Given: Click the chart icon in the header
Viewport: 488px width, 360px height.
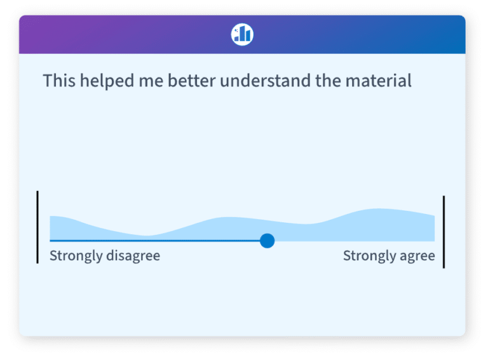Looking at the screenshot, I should [242, 34].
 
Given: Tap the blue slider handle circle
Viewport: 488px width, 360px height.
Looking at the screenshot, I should [267, 241].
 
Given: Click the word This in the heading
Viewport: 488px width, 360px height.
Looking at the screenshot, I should [58, 81].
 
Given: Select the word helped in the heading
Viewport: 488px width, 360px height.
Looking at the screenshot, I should [102, 81].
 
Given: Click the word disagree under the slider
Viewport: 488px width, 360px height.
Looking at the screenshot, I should [133, 256].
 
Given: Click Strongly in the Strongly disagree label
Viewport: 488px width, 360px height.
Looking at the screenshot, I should [76, 256].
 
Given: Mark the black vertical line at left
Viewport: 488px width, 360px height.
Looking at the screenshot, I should [37, 227].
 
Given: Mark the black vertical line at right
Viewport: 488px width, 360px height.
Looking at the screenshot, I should [444, 232].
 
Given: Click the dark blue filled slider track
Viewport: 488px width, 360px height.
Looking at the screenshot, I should [152, 241].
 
